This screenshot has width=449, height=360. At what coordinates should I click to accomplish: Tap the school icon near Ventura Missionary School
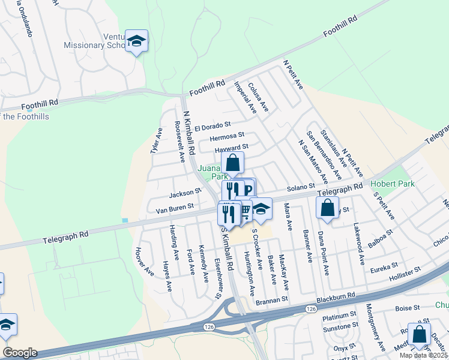tap(137, 41)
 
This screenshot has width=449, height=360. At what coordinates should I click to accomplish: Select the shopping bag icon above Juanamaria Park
tap(232, 162)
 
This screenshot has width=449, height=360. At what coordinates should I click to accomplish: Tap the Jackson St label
tap(185, 194)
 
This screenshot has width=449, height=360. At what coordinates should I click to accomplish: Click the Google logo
tap(20, 352)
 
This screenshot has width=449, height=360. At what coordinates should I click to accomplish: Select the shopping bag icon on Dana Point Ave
tap(328, 208)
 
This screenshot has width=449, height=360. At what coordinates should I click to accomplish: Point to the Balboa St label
tap(381, 233)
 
